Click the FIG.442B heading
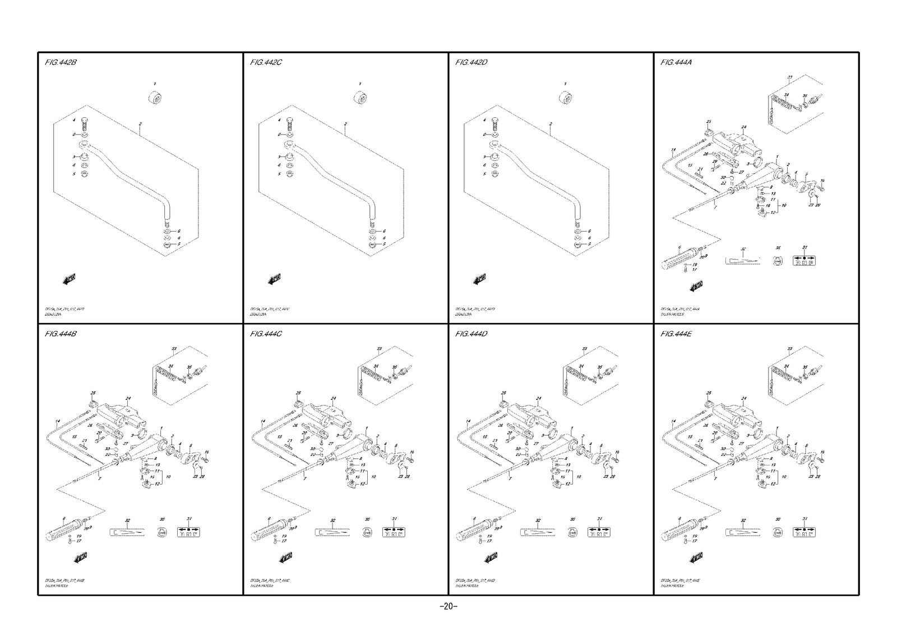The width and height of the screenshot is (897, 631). (x=60, y=62)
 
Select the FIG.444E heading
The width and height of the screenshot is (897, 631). (x=677, y=334)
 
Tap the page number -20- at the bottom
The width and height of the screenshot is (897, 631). (x=448, y=606)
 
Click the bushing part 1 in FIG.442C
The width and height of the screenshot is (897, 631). (x=360, y=97)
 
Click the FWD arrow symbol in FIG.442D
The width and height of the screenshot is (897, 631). (x=480, y=279)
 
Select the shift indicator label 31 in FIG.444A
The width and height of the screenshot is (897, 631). (x=804, y=261)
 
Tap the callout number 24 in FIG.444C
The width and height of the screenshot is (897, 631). (x=333, y=399)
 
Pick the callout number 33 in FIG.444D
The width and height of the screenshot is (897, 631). (x=584, y=349)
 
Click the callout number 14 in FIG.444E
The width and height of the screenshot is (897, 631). (x=673, y=421)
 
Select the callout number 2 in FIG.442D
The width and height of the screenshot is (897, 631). (x=551, y=124)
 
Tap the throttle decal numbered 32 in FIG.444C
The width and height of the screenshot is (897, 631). (x=332, y=532)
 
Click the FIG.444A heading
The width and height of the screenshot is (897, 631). (x=676, y=62)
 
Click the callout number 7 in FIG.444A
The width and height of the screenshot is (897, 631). (x=715, y=208)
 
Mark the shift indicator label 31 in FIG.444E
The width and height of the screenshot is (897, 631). (x=804, y=532)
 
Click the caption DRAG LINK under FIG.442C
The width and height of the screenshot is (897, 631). (x=259, y=315)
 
